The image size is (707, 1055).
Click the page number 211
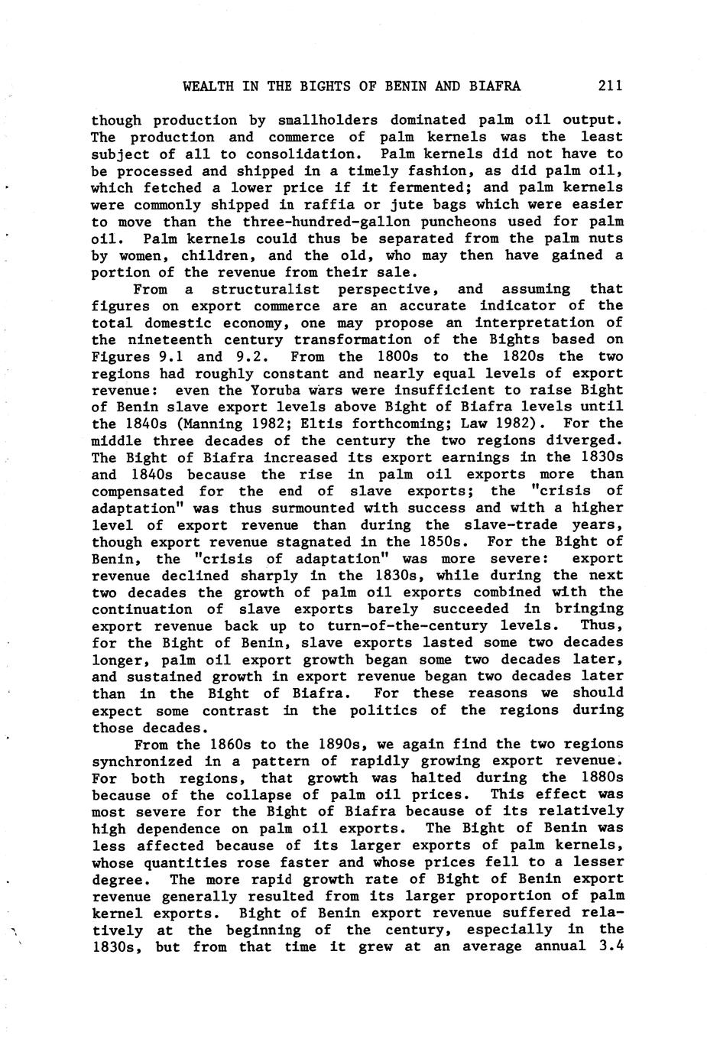click(611, 86)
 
